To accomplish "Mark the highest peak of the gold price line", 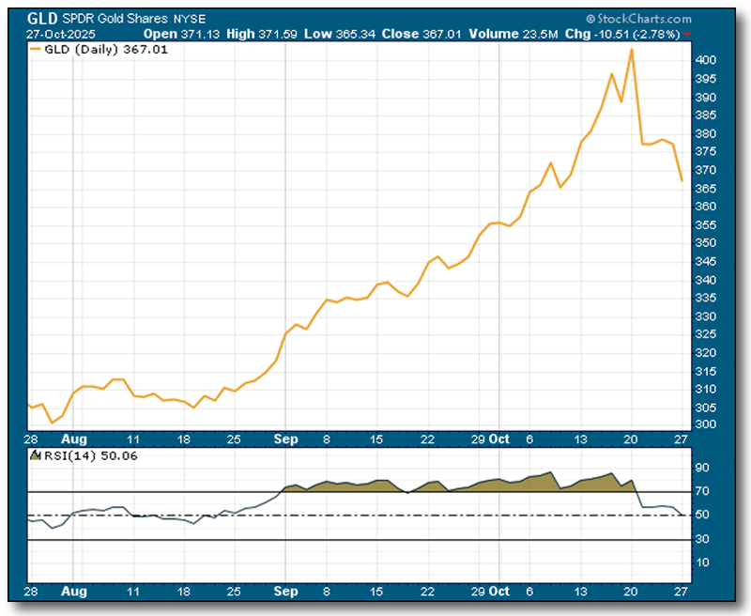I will click(x=632, y=49).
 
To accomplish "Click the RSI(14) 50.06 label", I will click(x=85, y=457).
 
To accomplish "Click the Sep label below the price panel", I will click(x=286, y=439).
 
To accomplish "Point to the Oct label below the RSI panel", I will click(x=500, y=593).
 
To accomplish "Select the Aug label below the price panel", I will click(x=74, y=439).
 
